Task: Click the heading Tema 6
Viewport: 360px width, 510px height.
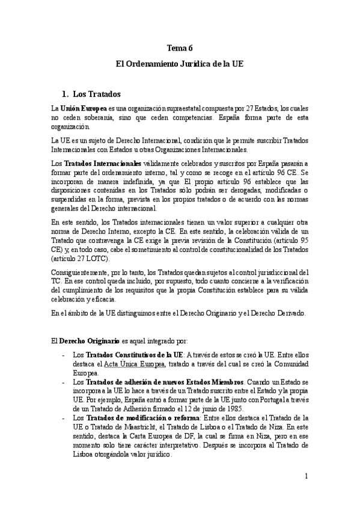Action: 180,50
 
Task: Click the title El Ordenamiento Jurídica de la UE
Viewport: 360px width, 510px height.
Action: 180,67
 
